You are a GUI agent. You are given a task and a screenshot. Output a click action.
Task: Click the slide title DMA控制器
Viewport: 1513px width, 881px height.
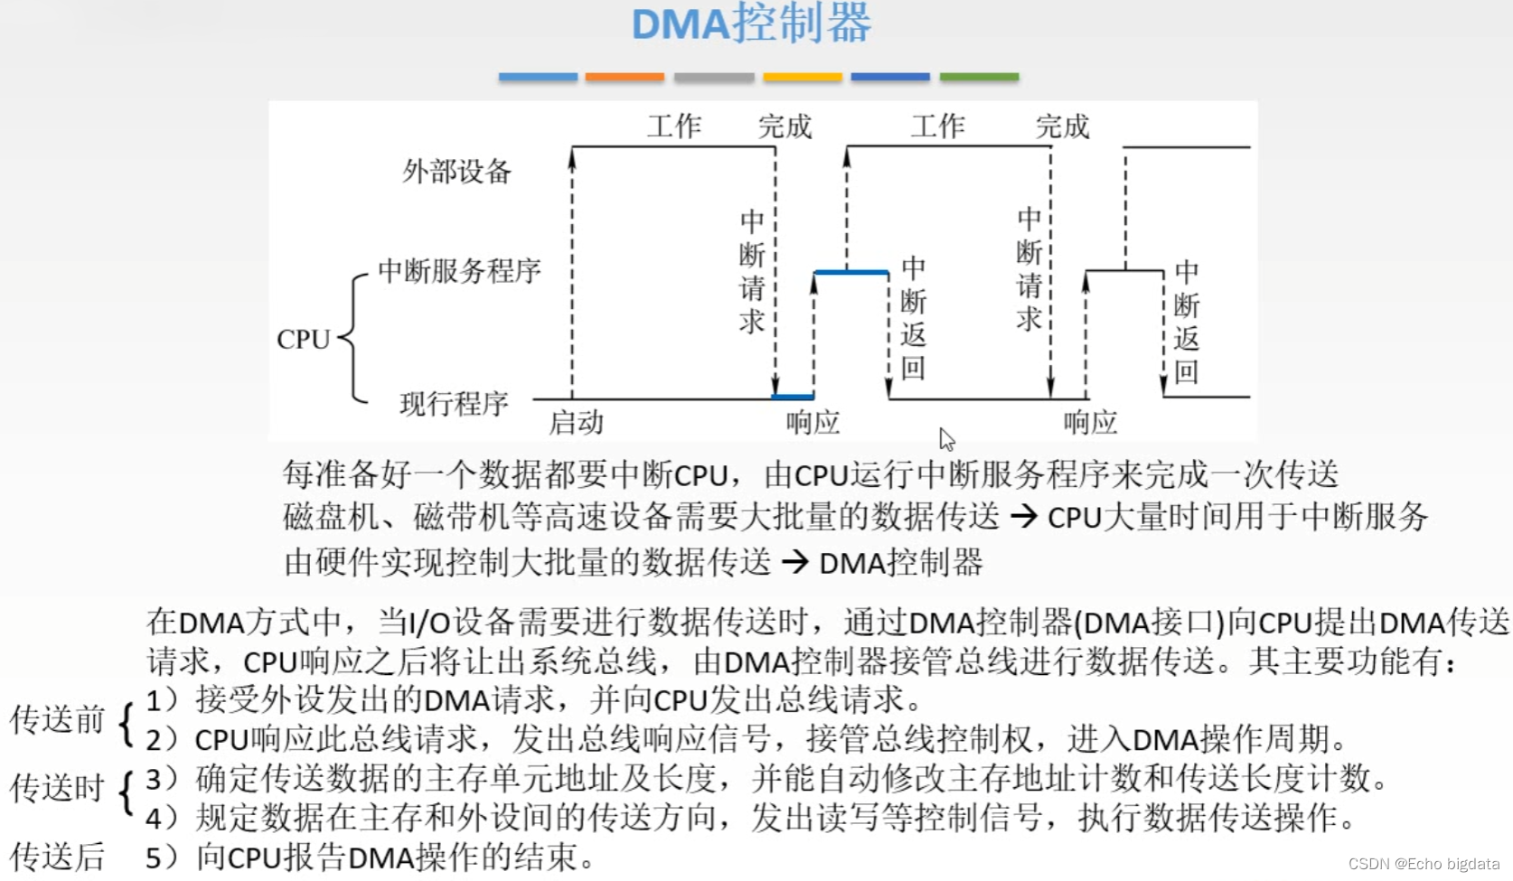pyautogui.click(x=751, y=24)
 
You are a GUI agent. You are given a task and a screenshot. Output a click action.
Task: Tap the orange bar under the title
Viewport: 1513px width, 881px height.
pyautogui.click(x=625, y=78)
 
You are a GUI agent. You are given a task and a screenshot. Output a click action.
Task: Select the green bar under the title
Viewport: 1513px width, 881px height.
pyautogui.click(x=979, y=78)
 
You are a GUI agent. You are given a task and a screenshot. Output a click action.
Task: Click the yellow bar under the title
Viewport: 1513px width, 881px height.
pyautogui.click(x=802, y=78)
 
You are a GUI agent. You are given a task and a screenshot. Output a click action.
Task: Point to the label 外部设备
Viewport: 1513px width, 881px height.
pyautogui.click(x=456, y=171)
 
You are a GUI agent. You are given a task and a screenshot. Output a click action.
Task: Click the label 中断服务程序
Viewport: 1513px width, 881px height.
pyautogui.click(x=459, y=270)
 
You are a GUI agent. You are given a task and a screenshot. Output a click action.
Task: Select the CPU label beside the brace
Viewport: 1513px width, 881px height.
pyautogui.click(x=303, y=340)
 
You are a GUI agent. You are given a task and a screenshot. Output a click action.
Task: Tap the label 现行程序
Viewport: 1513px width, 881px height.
pyautogui.click(x=454, y=403)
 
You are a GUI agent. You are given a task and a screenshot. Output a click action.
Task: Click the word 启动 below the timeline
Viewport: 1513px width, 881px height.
pyautogui.click(x=576, y=422)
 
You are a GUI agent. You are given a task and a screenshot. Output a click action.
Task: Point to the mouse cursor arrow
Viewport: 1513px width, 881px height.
pyautogui.click(x=945, y=439)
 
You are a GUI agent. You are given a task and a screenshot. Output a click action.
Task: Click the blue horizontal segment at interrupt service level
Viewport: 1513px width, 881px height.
pyautogui.click(x=850, y=271)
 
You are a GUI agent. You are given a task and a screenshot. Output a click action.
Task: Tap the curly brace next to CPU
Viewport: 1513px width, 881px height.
pyautogui.click(x=353, y=338)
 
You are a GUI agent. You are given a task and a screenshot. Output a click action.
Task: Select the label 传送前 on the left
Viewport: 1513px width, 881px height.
pyautogui.click(x=57, y=720)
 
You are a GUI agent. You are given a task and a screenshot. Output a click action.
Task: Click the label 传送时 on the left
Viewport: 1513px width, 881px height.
pyautogui.click(x=57, y=788)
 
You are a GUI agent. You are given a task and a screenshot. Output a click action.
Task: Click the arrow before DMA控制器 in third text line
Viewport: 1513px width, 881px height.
pyautogui.click(x=794, y=563)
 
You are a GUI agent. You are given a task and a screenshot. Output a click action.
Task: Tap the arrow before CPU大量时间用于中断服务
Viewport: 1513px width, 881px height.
pyautogui.click(x=1023, y=517)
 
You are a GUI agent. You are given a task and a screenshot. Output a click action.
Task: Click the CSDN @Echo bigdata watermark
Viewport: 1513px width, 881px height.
pyautogui.click(x=1424, y=864)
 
